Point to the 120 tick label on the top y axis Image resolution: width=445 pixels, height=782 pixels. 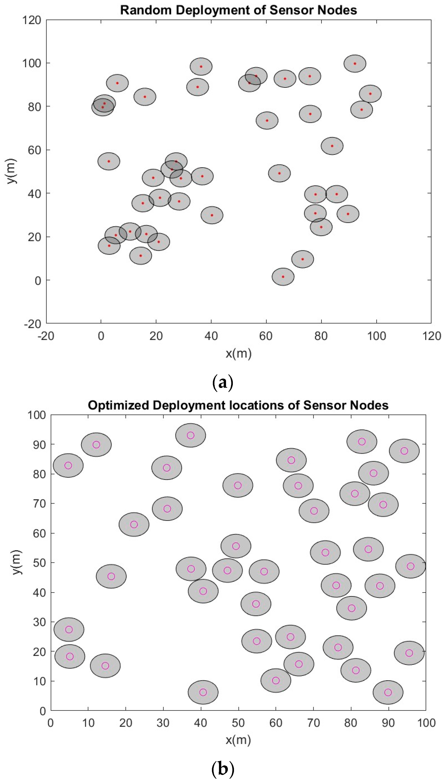tap(31, 20)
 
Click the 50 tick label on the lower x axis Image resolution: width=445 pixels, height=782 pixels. tap(238, 723)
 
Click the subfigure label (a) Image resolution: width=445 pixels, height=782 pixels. tap(222, 382)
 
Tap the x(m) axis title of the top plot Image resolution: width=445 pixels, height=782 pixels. tap(238, 354)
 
